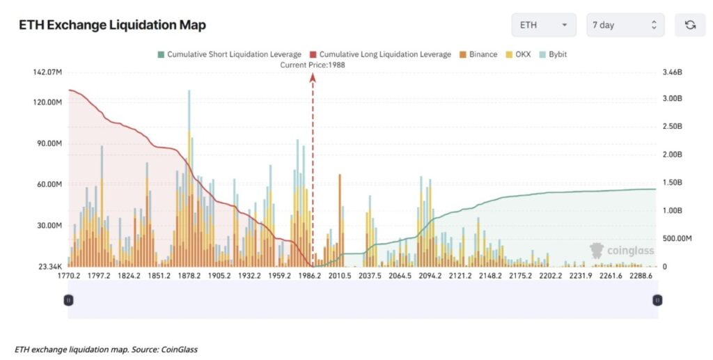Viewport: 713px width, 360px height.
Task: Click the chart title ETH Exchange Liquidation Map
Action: click(112, 26)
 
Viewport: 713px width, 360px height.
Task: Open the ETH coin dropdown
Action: click(543, 25)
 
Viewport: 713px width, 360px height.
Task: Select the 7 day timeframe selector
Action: click(625, 25)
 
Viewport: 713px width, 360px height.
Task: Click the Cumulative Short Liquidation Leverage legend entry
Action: click(229, 54)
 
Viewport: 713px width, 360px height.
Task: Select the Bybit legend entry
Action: click(553, 54)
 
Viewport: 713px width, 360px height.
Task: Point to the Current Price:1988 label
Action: click(313, 65)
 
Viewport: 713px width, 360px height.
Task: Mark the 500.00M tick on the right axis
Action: click(678, 239)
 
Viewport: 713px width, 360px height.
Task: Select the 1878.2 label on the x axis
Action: click(189, 276)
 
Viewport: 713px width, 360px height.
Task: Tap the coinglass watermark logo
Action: click(622, 251)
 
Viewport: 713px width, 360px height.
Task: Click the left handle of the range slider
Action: click(68, 300)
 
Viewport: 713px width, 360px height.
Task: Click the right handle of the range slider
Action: click(657, 300)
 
